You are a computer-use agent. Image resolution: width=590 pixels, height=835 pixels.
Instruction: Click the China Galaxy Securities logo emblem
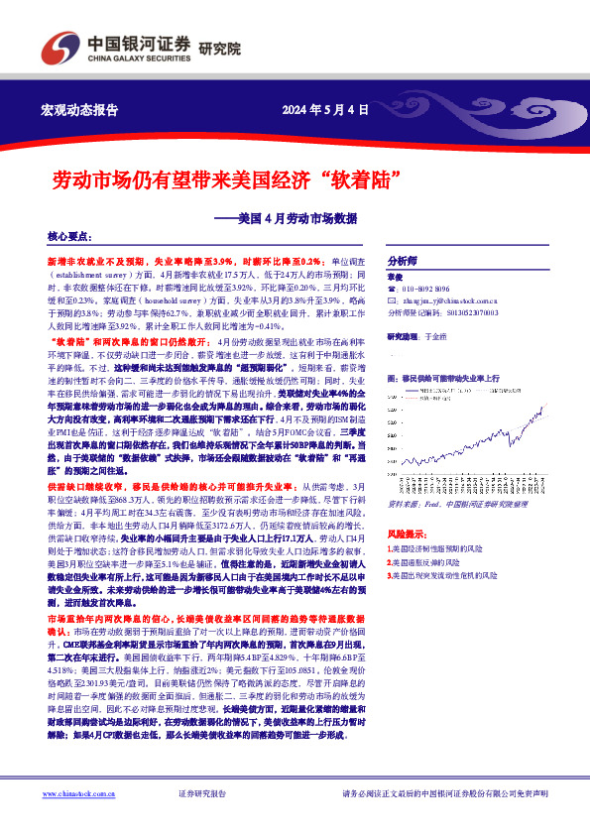tap(56, 48)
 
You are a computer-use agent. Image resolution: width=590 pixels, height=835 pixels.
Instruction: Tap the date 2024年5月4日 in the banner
tap(324, 109)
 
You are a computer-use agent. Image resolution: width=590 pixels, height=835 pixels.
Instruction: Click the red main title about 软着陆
tap(218, 180)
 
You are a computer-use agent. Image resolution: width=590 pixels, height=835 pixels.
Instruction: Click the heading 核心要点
tap(68, 238)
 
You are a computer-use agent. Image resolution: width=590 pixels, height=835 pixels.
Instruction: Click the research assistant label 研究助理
tap(404, 335)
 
